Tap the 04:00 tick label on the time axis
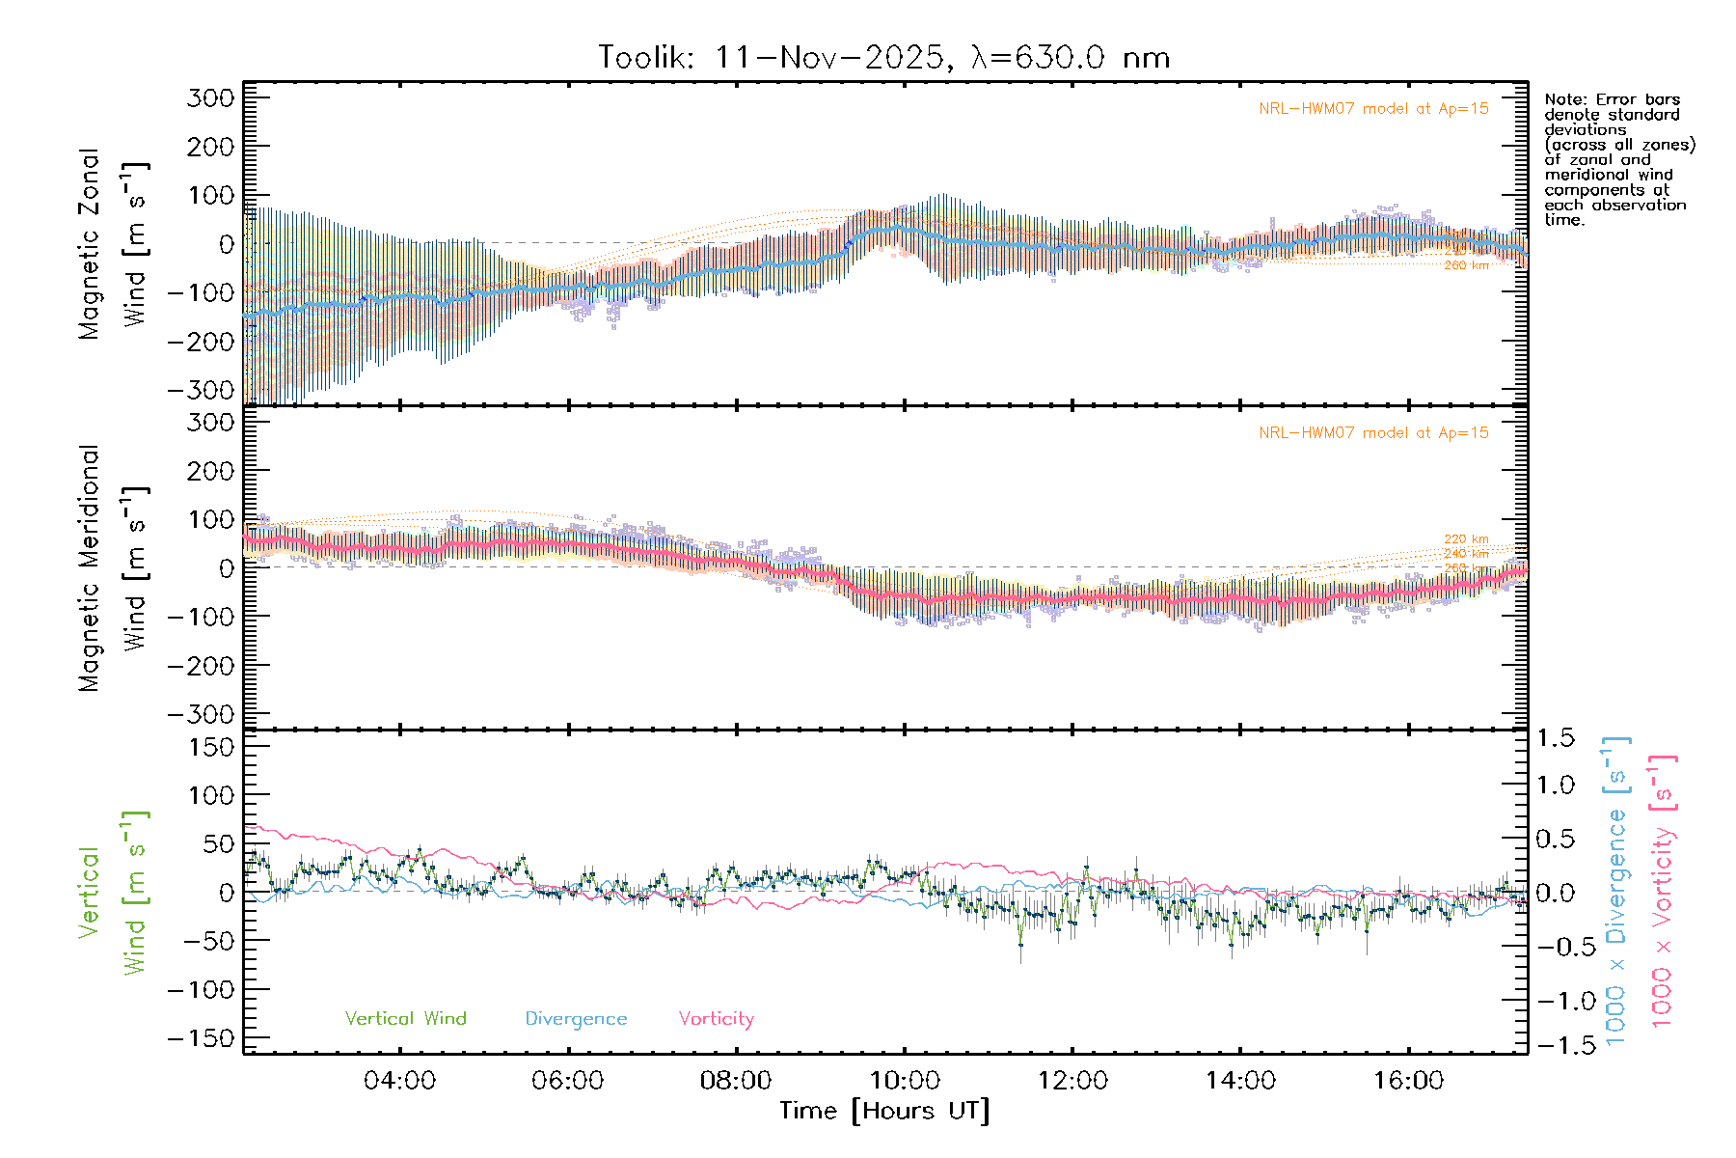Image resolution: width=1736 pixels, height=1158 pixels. pyautogui.click(x=399, y=1081)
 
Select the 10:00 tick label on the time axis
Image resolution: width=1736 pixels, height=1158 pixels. pyautogui.click(x=905, y=1081)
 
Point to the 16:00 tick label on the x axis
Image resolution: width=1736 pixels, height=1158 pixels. pyautogui.click(x=1408, y=1081)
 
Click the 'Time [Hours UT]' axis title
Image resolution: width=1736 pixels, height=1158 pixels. pyautogui.click(x=884, y=1111)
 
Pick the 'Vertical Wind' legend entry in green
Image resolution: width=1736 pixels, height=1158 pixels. pyautogui.click(x=405, y=1018)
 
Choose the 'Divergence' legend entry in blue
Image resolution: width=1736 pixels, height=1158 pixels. pyautogui.click(x=576, y=1018)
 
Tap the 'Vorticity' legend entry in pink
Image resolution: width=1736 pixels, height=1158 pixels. pyautogui.click(x=716, y=1018)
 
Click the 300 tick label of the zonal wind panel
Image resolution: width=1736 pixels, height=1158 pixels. pyautogui.click(x=210, y=97)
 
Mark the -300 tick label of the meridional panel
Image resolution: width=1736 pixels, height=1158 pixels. pyautogui.click(x=201, y=714)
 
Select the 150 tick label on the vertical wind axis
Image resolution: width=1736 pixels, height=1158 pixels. pyautogui.click(x=210, y=747)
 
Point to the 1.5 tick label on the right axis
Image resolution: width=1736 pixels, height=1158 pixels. pyautogui.click(x=1555, y=738)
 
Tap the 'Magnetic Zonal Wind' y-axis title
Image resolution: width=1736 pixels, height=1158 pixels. pyautogui.click(x=114, y=244)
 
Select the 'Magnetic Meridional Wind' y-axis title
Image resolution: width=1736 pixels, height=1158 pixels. pyautogui.click(x=114, y=568)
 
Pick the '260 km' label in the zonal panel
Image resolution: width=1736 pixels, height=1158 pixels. pyautogui.click(x=1466, y=265)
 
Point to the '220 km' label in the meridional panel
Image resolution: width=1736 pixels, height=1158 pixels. pyautogui.click(x=1466, y=539)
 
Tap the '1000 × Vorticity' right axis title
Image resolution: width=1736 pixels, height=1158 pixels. pyautogui.click(x=1663, y=890)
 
